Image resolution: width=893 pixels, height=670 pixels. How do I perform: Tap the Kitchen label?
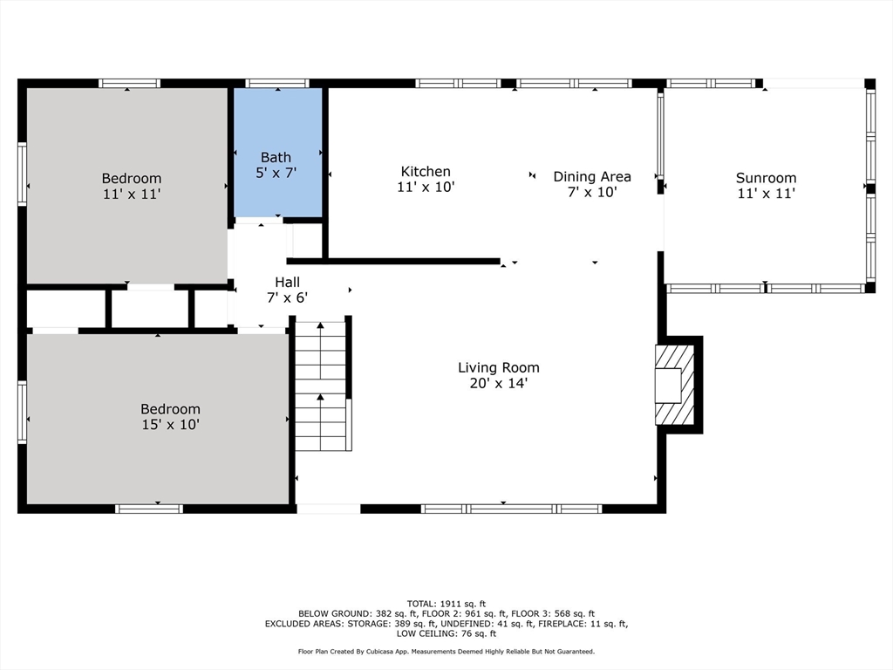point(426,172)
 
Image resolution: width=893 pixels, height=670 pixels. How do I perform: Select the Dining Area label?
point(592,177)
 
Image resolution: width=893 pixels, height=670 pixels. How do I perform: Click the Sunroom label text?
point(766,178)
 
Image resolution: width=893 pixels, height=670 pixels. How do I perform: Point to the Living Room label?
point(499,368)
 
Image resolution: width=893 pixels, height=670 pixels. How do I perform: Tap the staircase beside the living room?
point(322,384)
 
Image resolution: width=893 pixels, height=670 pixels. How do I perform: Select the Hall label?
point(287,282)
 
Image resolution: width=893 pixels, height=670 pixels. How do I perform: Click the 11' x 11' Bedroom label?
point(131,179)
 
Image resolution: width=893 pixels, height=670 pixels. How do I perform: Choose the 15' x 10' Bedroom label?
point(170,409)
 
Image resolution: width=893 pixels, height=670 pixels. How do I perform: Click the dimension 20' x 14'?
point(499,383)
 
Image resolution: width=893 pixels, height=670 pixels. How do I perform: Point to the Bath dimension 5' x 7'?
point(276,173)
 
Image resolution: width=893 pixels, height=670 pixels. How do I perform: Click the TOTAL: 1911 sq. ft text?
point(446,604)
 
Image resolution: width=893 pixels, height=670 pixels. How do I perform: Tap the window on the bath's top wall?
point(277,84)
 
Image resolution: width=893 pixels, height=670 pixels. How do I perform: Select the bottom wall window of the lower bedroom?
point(149,509)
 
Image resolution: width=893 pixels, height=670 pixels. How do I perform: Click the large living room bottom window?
point(511,509)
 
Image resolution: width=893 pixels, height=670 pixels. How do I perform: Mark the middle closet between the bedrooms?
point(149,308)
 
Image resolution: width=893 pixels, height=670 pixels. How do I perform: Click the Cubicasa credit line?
point(446,652)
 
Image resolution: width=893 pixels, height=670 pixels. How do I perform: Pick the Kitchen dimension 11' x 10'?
point(426,187)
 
